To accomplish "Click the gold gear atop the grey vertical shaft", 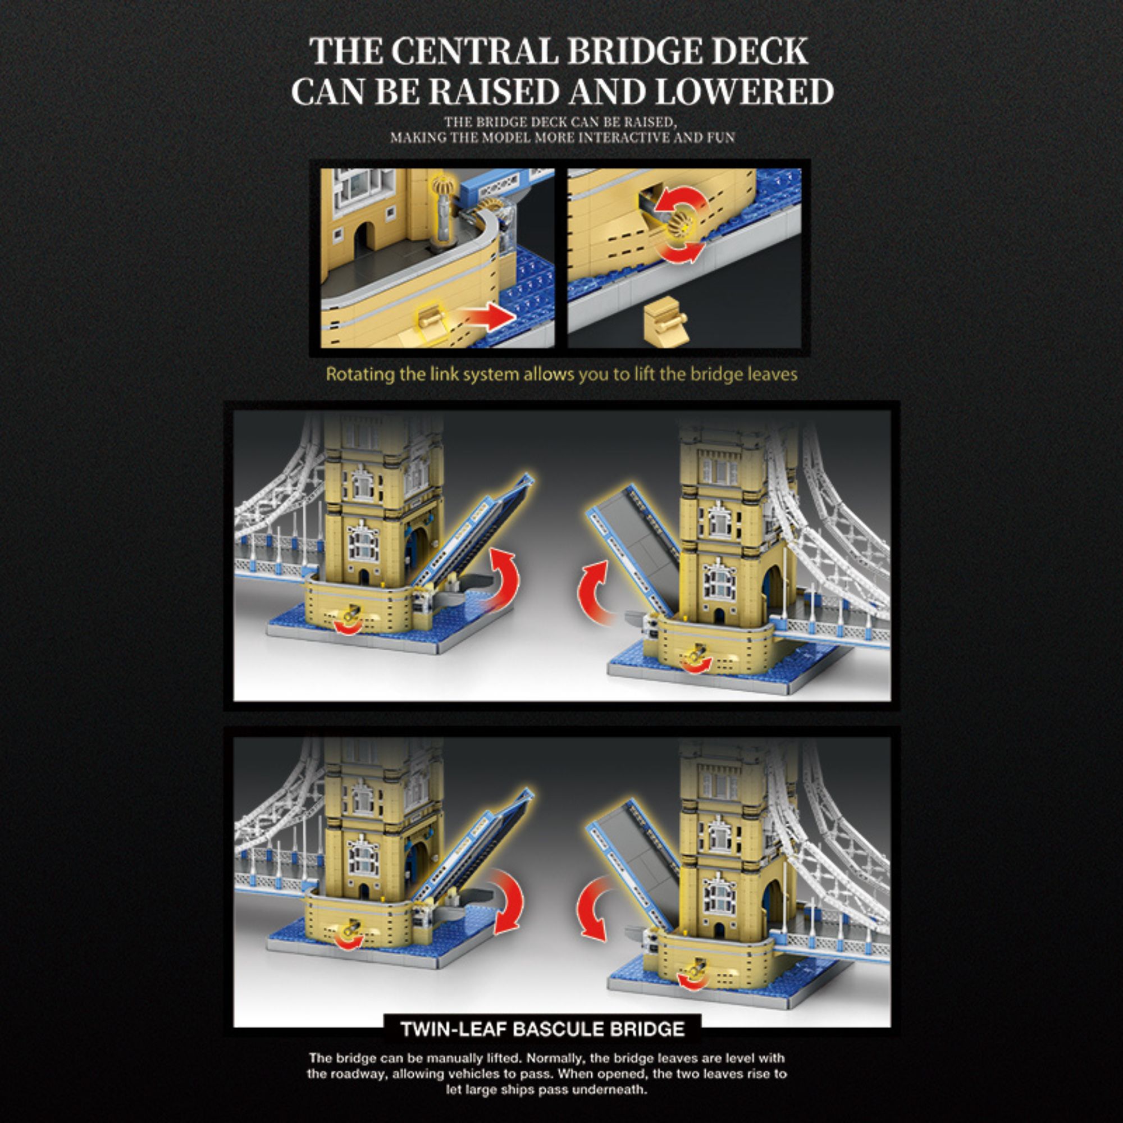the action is click(441, 185).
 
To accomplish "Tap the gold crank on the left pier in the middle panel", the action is click(350, 614).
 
